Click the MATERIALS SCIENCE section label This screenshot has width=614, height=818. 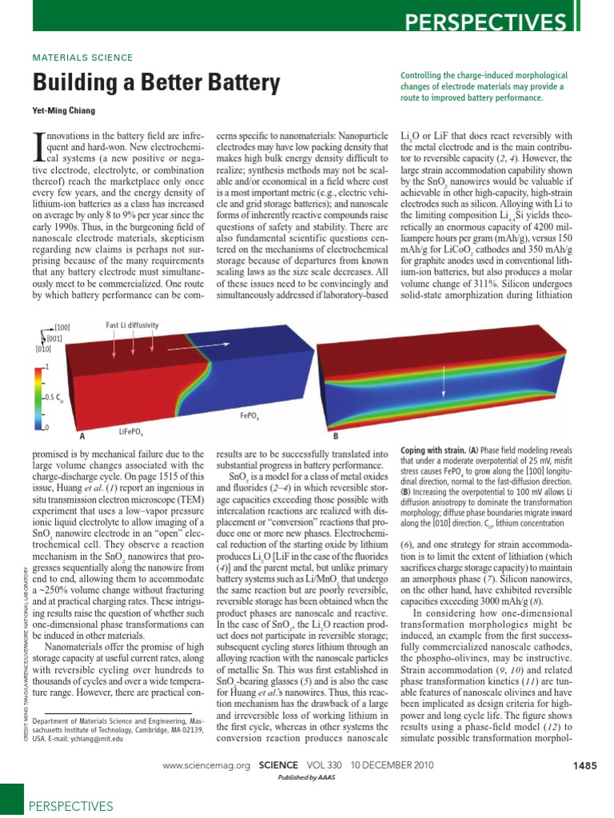[82, 58]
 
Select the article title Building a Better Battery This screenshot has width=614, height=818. [156, 83]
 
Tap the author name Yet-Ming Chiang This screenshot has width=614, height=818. [66, 111]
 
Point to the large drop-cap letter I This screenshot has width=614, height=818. [38, 146]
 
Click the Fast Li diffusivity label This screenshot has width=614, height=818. [132, 326]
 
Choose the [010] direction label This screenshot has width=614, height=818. [44, 348]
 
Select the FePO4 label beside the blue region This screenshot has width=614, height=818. [249, 416]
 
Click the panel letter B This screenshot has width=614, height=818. [336, 436]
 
